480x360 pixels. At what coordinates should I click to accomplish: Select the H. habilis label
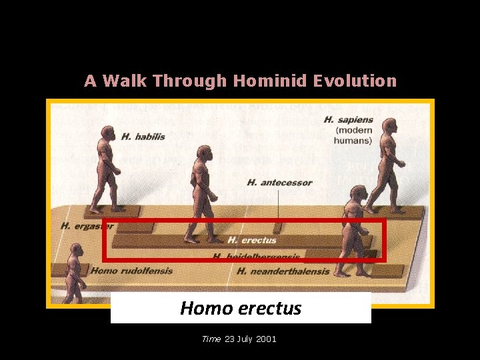point(143,137)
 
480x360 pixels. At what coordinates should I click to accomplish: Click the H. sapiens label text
point(348,120)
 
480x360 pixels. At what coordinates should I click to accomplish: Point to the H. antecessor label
point(279,183)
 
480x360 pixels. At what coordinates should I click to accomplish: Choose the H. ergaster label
point(87,226)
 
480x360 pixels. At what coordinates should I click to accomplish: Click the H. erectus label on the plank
point(252,240)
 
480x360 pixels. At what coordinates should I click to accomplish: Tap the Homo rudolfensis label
point(131,271)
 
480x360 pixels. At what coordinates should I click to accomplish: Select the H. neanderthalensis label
point(283,271)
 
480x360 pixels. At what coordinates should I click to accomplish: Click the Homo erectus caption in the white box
point(241,309)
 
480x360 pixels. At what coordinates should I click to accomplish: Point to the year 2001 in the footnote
point(265,339)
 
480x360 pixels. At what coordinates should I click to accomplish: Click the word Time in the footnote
point(211,339)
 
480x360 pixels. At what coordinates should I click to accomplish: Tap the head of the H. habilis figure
point(106,133)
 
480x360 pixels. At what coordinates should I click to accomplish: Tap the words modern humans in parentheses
point(353,135)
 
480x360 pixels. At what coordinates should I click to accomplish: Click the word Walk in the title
point(123,81)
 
